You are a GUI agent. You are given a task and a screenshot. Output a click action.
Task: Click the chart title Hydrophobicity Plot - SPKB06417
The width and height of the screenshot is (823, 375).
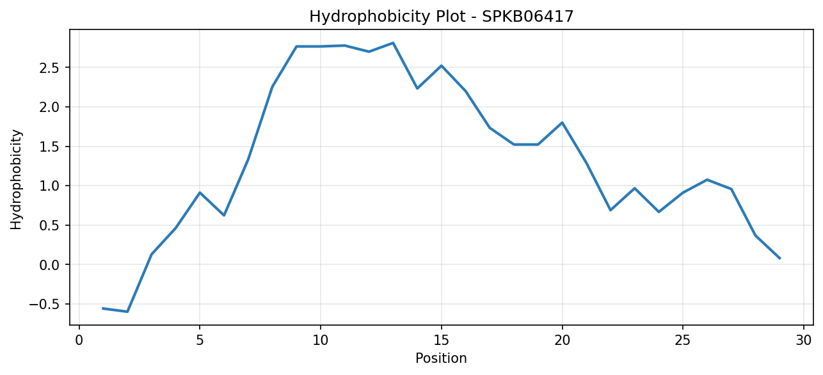click(442, 17)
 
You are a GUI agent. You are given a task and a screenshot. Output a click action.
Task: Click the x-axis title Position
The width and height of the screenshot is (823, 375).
click(441, 358)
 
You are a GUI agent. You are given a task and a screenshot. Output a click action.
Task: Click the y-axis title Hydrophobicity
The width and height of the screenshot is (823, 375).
click(16, 180)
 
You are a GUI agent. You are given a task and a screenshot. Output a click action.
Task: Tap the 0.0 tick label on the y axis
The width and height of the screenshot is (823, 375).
click(49, 265)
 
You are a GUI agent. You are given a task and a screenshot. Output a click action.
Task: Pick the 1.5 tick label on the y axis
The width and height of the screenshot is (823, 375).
click(49, 147)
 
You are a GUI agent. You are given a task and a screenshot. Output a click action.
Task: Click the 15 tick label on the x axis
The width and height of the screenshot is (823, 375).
click(442, 340)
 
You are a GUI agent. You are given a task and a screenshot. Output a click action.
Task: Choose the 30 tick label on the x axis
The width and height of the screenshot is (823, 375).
click(804, 340)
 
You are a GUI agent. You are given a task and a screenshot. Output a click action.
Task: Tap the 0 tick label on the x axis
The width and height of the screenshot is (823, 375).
click(79, 340)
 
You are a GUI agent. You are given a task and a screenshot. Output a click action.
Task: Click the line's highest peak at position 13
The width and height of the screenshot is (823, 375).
click(393, 43)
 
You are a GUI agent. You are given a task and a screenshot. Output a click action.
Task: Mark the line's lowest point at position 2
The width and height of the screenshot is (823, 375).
click(127, 312)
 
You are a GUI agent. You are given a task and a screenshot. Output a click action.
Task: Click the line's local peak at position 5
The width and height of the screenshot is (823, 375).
click(200, 193)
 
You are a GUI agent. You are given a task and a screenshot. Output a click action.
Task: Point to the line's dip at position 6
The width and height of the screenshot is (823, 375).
click(224, 215)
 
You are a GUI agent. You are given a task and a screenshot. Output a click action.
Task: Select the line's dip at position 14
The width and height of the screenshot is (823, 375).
click(417, 88)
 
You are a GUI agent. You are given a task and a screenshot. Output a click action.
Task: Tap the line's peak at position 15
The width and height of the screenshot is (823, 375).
click(442, 66)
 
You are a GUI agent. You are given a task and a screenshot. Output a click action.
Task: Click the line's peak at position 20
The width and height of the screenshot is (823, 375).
click(562, 123)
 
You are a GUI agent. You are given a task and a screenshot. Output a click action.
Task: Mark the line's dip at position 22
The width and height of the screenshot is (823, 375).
click(611, 210)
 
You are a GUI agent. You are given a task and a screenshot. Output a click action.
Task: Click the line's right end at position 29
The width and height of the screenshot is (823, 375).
click(779, 259)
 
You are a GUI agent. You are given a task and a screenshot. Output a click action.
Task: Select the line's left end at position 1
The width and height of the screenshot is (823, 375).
click(103, 308)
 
